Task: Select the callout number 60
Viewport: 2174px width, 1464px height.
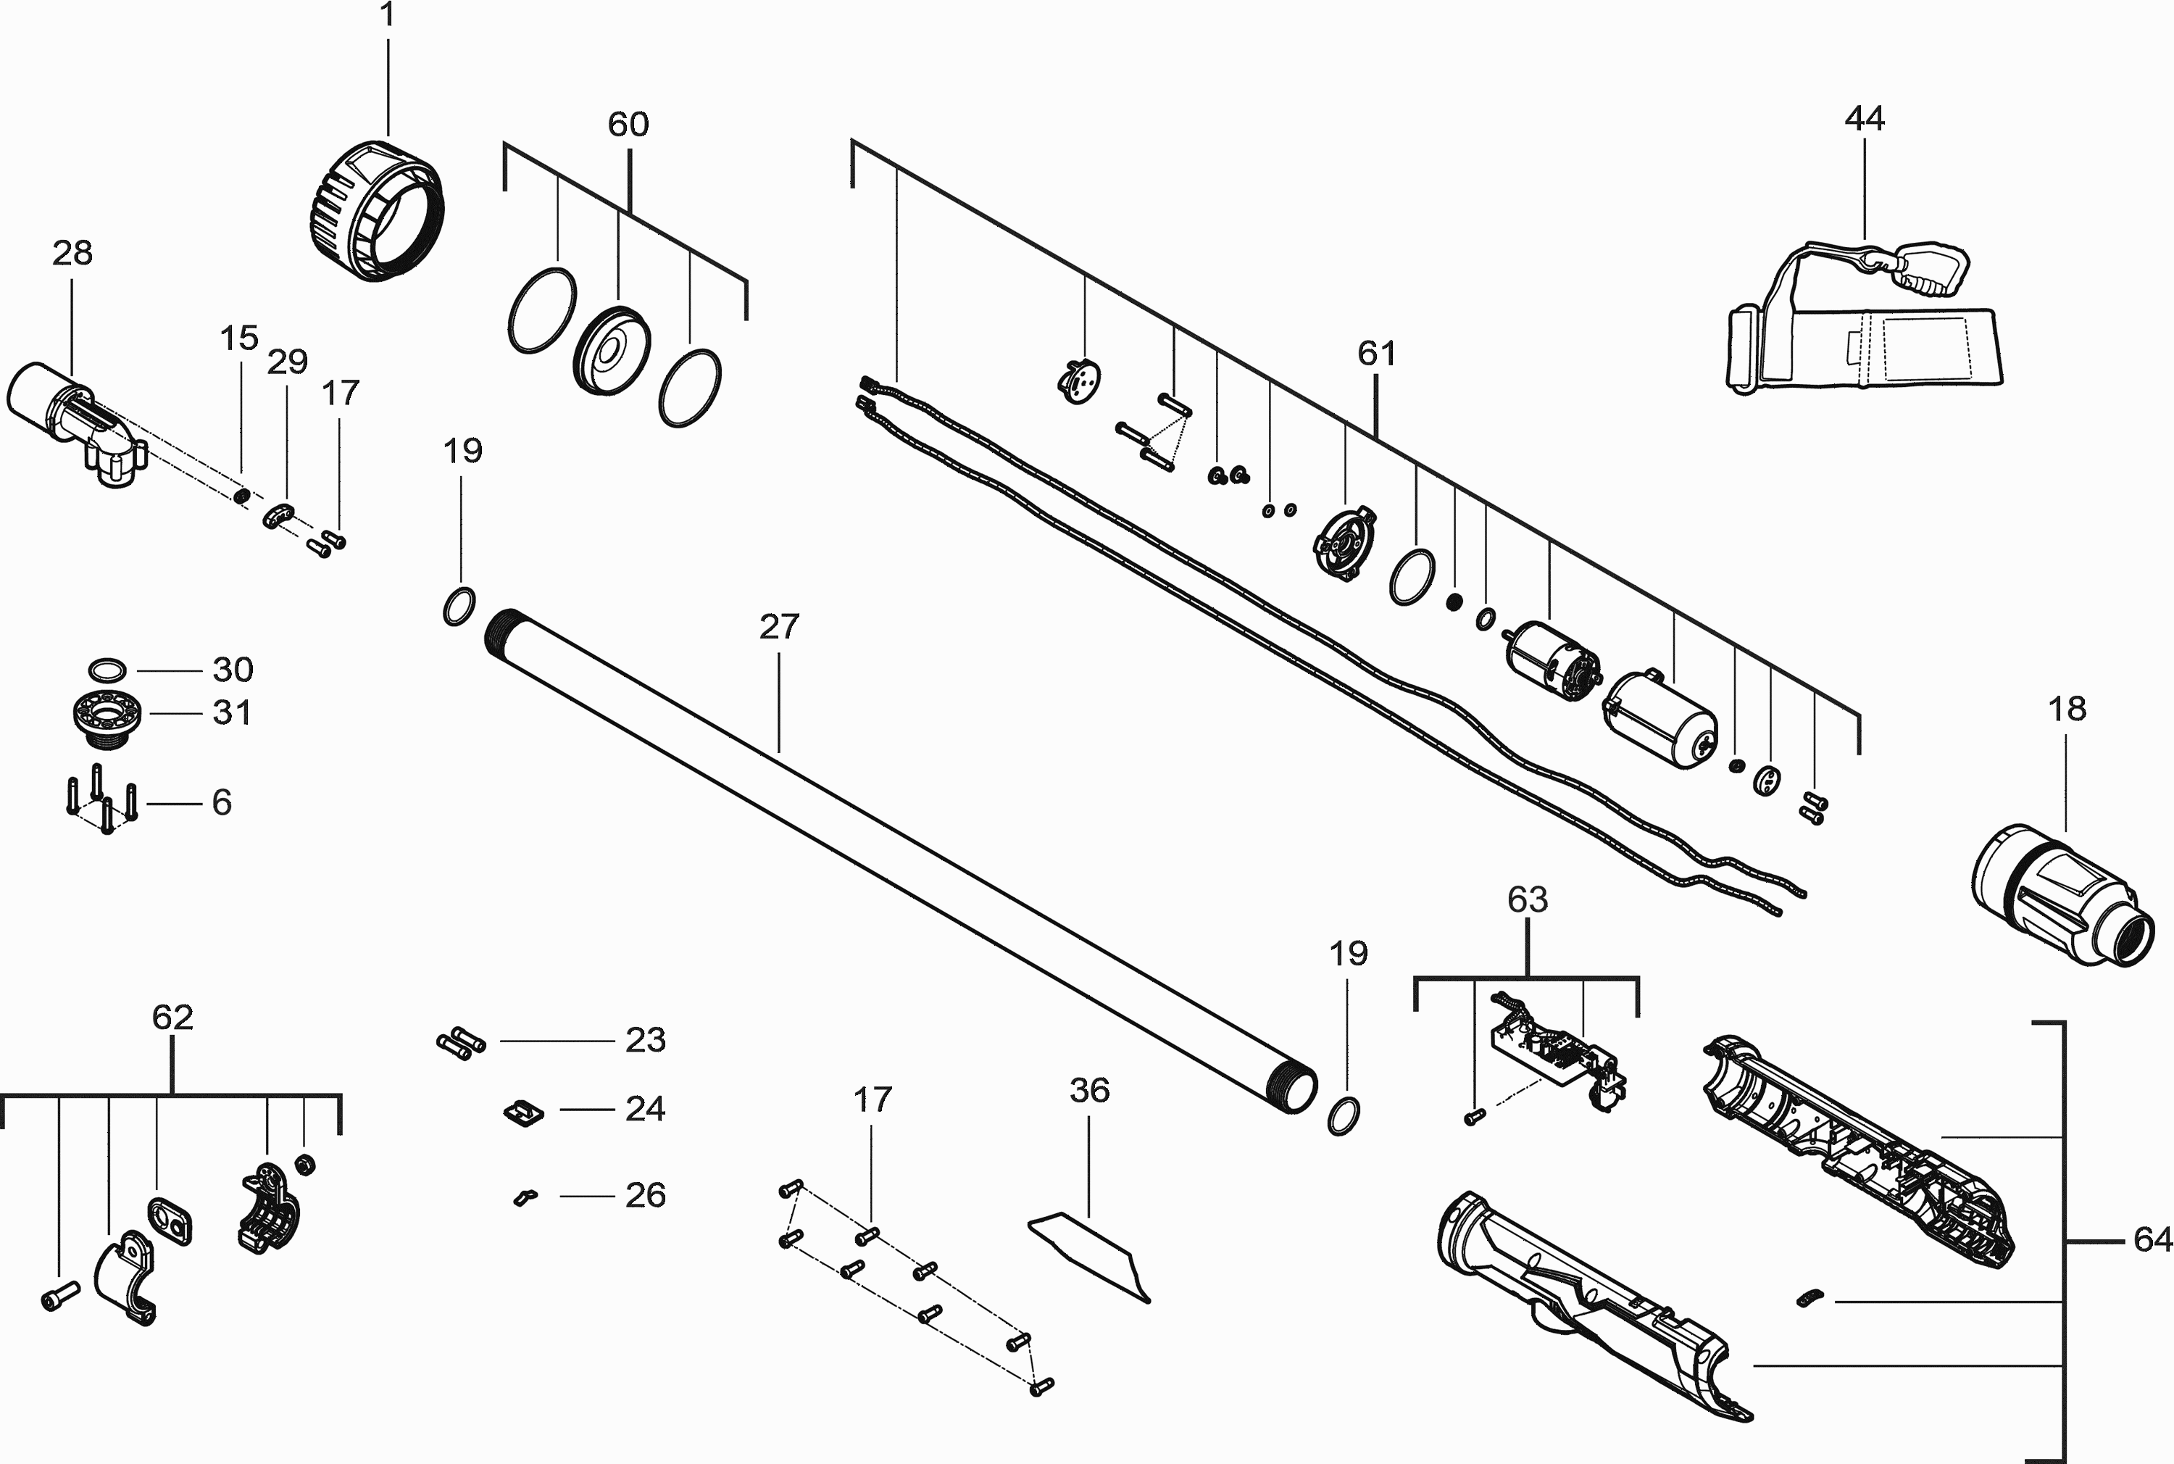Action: pyautogui.click(x=628, y=124)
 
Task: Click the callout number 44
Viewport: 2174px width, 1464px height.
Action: pyautogui.click(x=1864, y=119)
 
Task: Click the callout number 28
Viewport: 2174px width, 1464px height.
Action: pyautogui.click(x=72, y=253)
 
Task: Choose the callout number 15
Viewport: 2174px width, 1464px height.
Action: pyautogui.click(x=239, y=338)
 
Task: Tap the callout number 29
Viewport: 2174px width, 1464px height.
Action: pyautogui.click(x=288, y=362)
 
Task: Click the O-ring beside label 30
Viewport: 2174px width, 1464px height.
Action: pyautogui.click(x=107, y=670)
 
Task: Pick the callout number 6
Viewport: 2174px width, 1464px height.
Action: pyautogui.click(x=221, y=802)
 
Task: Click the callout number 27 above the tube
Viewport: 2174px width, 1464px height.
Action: pyautogui.click(x=780, y=626)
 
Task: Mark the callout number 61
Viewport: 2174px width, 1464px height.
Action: pyautogui.click(x=1377, y=353)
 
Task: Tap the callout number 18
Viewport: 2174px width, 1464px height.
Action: pyautogui.click(x=2067, y=709)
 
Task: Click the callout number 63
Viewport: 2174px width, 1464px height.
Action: pyautogui.click(x=1527, y=899)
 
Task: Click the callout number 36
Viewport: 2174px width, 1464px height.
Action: pyautogui.click(x=1089, y=1089)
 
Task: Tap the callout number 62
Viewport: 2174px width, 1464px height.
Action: pyautogui.click(x=172, y=1017)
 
